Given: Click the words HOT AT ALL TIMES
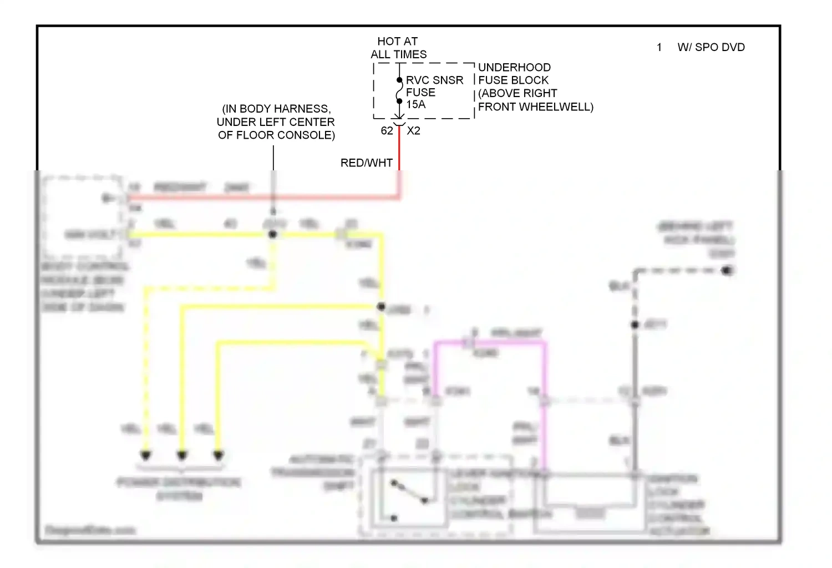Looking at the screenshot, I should [398, 48].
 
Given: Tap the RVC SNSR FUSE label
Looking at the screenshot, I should [434, 86].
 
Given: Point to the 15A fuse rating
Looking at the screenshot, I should [415, 104].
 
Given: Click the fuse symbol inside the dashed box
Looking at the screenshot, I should [399, 90].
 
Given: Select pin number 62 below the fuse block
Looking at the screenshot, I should [387, 131].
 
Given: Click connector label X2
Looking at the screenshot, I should [413, 131].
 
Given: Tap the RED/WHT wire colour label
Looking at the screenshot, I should [366, 163].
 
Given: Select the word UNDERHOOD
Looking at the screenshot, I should [514, 67].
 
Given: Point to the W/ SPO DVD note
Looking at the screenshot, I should [711, 47].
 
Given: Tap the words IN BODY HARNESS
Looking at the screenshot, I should [276, 109].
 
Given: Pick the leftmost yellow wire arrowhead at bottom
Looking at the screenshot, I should [145, 455].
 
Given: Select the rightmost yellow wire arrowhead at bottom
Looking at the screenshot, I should [219, 455].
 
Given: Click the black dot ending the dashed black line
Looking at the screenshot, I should [727, 270].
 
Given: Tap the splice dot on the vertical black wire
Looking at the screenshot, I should [635, 324].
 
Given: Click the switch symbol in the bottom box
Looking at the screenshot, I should [409, 492].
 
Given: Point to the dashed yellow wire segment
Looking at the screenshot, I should [145, 361].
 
